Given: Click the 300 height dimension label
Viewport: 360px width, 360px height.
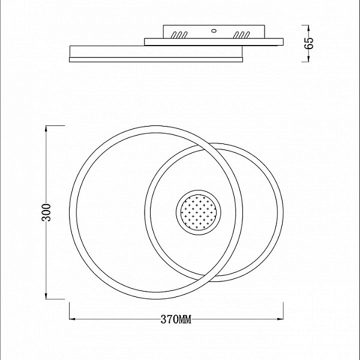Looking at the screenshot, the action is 46,212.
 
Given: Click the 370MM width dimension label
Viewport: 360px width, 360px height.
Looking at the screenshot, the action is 176,319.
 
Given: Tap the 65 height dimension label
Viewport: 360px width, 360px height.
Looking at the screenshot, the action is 308,43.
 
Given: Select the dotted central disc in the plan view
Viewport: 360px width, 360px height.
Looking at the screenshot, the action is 199,212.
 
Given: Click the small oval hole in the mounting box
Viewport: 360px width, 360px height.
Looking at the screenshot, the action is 214,31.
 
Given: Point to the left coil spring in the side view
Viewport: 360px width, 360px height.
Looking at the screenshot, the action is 179,35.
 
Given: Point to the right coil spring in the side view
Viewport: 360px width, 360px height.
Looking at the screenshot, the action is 241,35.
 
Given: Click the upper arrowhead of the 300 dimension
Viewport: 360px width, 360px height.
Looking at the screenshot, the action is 46,128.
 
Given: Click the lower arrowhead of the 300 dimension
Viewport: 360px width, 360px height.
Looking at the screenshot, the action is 46,296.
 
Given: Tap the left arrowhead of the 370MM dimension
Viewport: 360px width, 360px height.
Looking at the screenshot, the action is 73,319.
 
